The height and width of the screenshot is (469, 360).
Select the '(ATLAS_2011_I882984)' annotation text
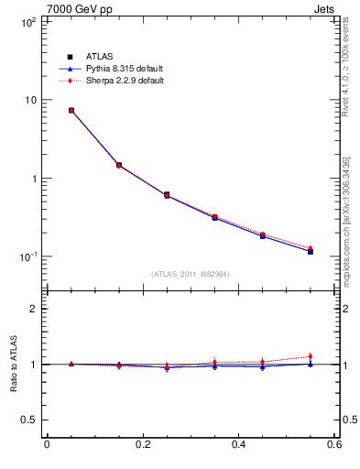point(190,274)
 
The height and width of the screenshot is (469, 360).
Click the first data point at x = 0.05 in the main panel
point(71,110)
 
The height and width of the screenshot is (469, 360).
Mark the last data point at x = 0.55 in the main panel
point(311,250)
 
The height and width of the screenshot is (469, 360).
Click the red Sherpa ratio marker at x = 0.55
point(311,356)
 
